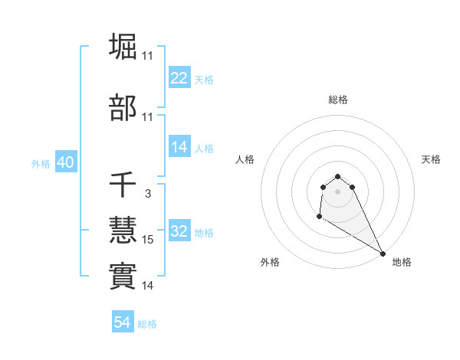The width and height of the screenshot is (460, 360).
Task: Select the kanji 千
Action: click(123, 184)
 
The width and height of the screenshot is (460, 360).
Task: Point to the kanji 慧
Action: click(123, 231)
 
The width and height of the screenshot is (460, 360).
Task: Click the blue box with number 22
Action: click(179, 78)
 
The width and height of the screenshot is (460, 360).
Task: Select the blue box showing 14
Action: click(179, 148)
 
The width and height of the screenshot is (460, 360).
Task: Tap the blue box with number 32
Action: click(179, 232)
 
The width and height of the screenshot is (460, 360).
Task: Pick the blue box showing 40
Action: click(65, 163)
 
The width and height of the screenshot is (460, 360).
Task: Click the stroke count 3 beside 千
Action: click(147, 195)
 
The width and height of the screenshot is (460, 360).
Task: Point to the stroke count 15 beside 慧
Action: click(148, 241)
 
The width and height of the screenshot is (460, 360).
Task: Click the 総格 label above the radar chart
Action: click(338, 100)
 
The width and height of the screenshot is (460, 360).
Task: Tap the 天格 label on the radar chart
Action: click(431, 159)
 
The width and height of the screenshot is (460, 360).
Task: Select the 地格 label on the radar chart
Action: click(402, 263)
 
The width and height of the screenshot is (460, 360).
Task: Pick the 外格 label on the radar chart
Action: click(270, 263)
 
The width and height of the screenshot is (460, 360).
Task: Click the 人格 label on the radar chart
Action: click(245, 159)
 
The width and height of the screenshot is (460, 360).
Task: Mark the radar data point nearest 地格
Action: click(383, 254)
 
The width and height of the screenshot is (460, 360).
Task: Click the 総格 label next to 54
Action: click(147, 324)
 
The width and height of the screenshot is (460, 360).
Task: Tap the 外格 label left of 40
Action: click(41, 164)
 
